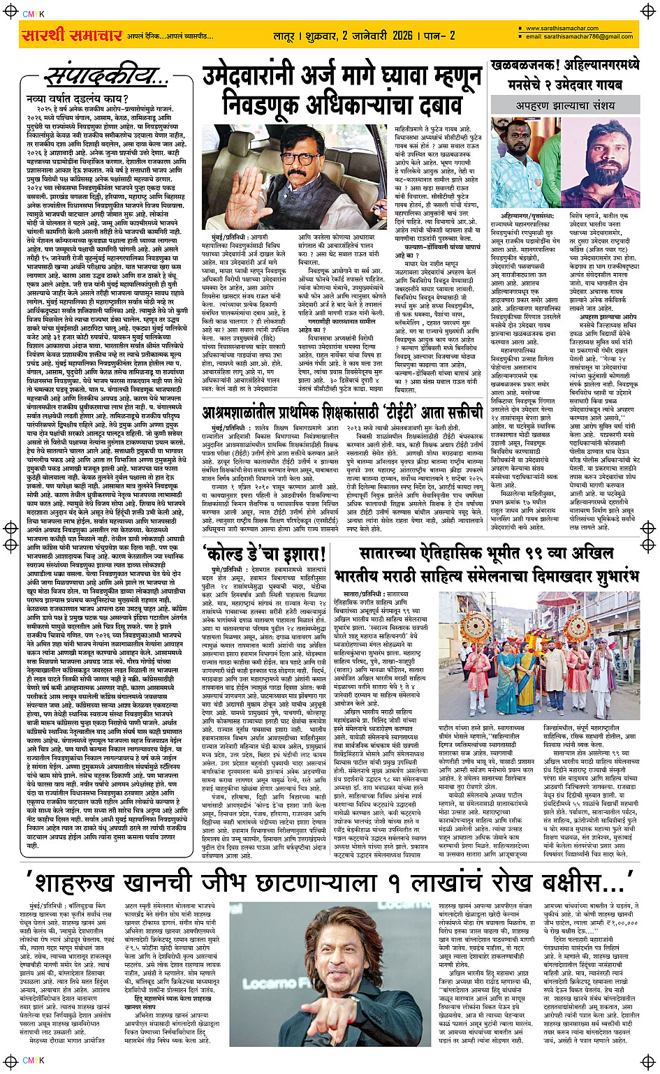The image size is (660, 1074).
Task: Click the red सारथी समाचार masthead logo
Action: click(x=72, y=35)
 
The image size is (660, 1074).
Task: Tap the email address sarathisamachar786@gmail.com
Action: click(x=579, y=36)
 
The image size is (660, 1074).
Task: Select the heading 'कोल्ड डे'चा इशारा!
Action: click(x=264, y=555)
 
